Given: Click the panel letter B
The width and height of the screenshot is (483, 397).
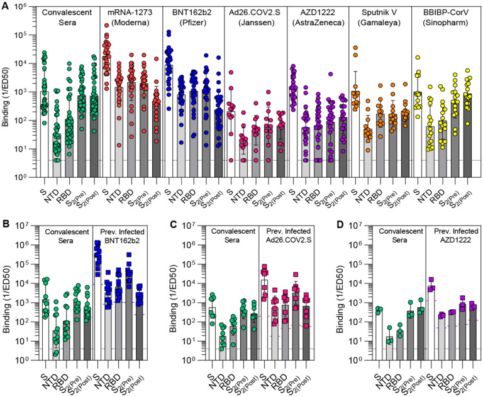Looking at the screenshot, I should coord(5,224).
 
